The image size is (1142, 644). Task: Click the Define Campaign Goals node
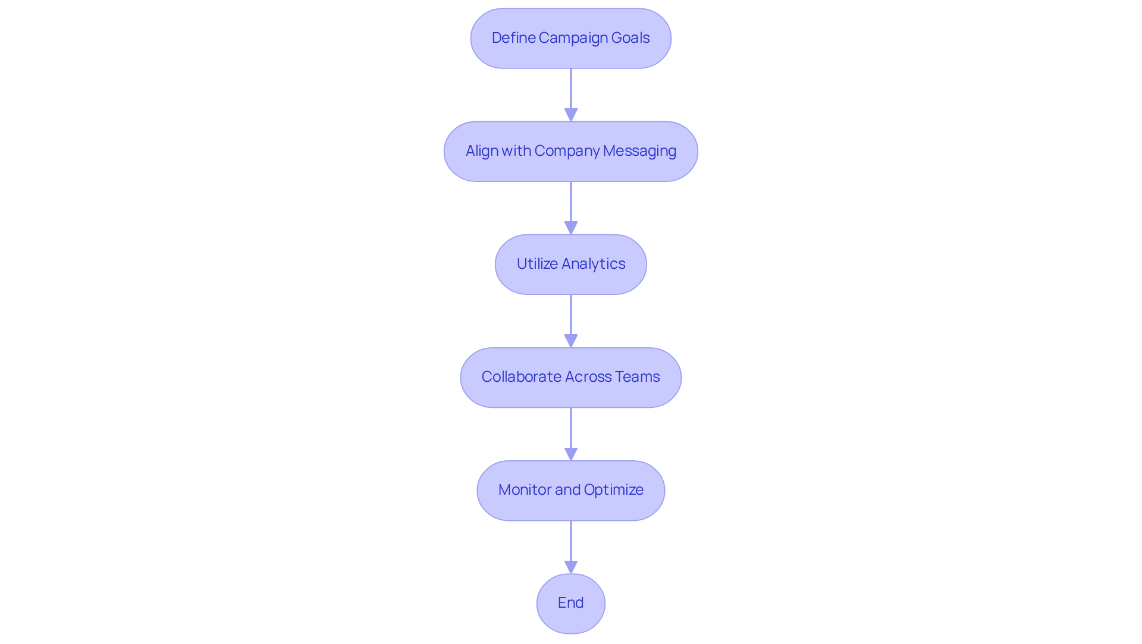pos(570,38)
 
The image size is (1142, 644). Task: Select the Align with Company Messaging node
pos(570,151)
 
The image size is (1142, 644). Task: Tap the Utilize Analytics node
pos(570,264)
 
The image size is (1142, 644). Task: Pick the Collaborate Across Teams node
pos(570,377)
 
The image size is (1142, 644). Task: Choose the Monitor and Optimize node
pos(570,490)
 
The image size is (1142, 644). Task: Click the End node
pos(570,603)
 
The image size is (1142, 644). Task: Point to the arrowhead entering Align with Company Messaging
pos(571,115)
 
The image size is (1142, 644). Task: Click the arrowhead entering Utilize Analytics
pos(571,228)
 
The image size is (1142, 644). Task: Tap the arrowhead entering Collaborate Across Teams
pos(571,341)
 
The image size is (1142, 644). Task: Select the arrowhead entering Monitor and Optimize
pos(571,454)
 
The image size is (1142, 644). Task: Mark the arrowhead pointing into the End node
pos(571,567)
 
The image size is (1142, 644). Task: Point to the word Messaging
pos(639,151)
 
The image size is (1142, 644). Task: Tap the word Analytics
pos(594,264)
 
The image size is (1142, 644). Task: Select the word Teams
pos(637,377)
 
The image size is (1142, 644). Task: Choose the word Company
pos(567,151)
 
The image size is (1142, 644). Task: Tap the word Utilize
pos(537,264)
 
